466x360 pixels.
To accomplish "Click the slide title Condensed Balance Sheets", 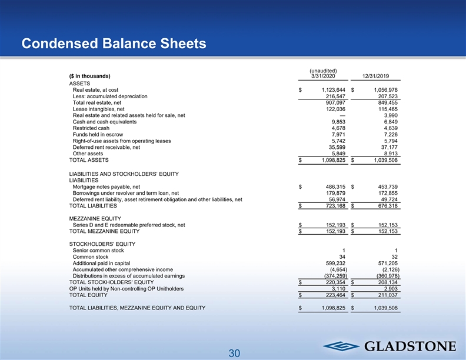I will tap(113, 44).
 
